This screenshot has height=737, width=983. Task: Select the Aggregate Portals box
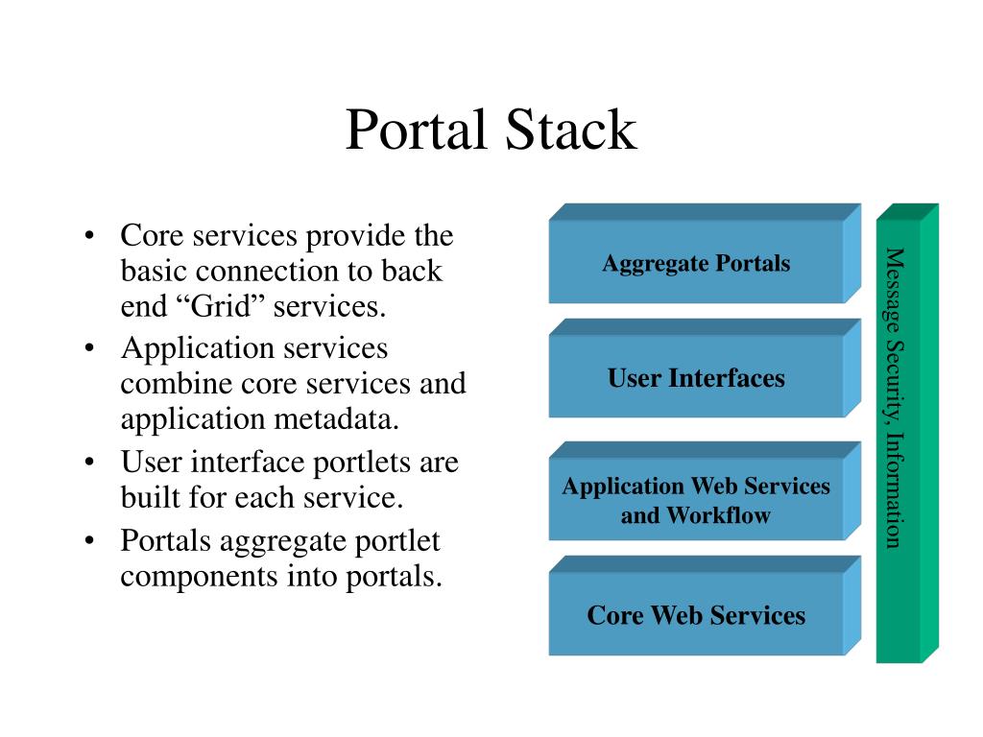click(696, 263)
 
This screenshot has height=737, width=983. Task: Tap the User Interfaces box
click(696, 378)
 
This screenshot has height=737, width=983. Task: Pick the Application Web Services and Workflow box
click(696, 500)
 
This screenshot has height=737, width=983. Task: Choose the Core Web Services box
click(696, 615)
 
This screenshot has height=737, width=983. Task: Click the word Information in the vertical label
click(894, 490)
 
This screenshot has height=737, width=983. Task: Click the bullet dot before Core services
click(88, 236)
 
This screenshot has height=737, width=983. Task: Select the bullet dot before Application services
click(88, 348)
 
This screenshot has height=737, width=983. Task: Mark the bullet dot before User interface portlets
click(88, 463)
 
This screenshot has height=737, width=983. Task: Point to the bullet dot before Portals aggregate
click(88, 540)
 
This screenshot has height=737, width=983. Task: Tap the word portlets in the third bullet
click(361, 463)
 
